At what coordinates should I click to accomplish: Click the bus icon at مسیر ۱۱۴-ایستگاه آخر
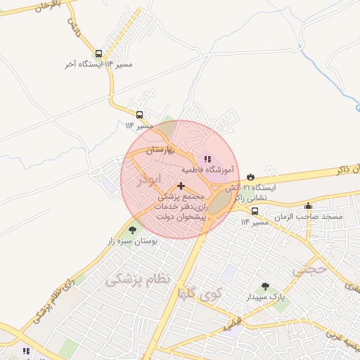point(98,53)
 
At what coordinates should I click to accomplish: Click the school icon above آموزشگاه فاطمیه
point(207,159)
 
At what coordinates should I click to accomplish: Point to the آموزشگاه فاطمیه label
point(207,169)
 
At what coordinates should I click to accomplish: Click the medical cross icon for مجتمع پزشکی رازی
point(181,186)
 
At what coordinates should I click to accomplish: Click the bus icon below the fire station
point(254,210)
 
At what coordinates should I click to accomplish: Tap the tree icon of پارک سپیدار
point(264,285)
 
